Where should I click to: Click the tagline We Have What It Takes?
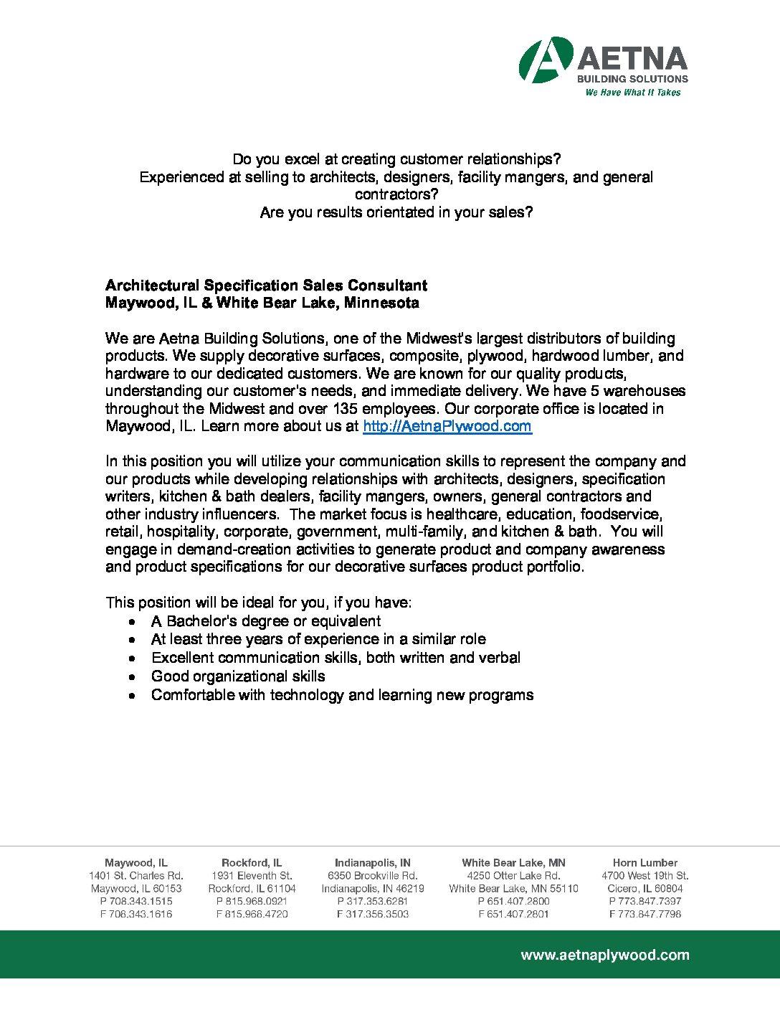632,93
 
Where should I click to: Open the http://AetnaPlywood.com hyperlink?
447,426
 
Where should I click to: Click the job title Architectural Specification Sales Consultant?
266,285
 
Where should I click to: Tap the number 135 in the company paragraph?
345,409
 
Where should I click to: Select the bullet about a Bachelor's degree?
266,621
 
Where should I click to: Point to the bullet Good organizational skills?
238,676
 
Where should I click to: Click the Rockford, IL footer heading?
252,863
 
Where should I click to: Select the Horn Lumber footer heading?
645,863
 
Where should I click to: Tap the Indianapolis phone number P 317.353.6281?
373,902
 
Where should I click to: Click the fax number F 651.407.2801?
513,915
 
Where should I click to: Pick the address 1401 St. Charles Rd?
136,876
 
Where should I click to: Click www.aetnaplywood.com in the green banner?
604,955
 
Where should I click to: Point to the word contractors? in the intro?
396,194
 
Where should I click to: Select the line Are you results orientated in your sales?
396,212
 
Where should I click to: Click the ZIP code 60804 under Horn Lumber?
668,889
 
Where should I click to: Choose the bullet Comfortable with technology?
342,695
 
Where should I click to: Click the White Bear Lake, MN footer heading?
513,863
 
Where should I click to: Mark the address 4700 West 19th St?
645,876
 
